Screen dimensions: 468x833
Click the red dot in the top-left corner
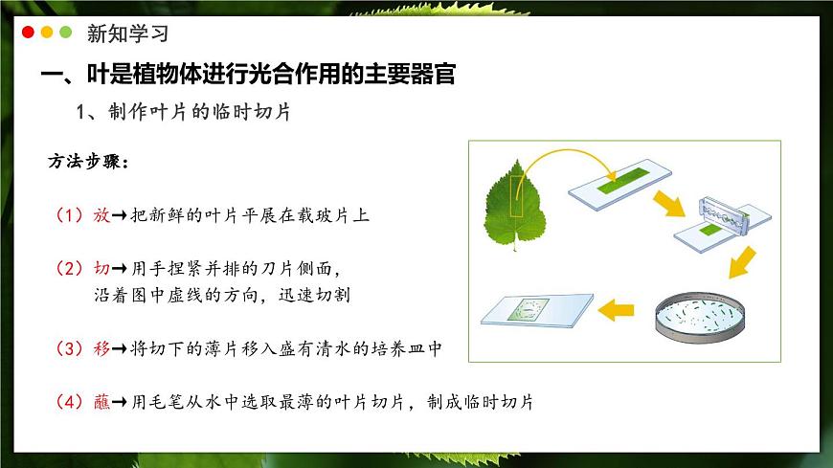[28, 32]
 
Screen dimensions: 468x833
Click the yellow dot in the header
[47, 32]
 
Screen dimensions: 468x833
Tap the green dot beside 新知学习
[66, 32]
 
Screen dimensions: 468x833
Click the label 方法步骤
[87, 161]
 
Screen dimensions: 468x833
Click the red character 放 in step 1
[101, 215]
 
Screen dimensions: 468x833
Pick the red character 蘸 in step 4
[101, 403]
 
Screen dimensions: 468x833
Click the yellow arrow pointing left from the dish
[618, 309]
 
